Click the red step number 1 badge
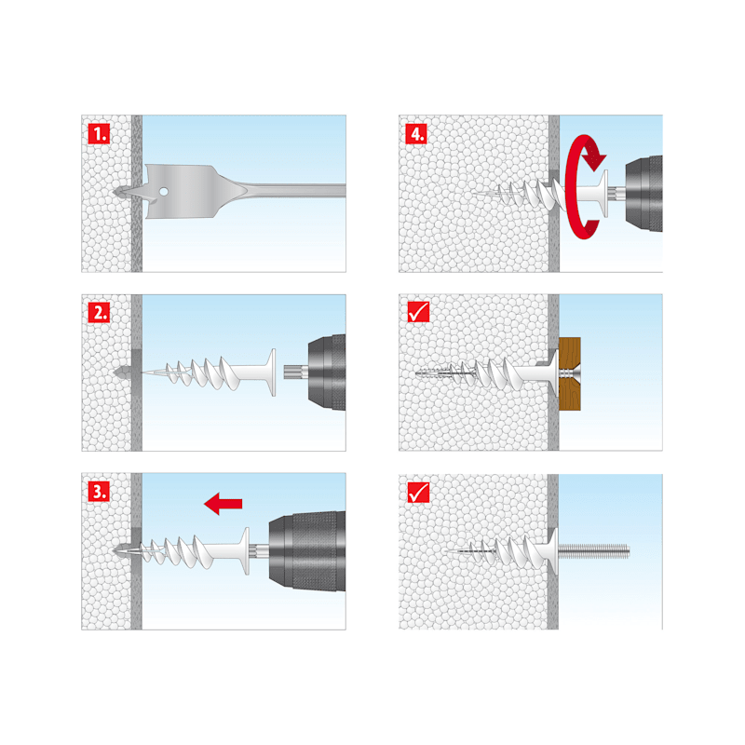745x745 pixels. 99,133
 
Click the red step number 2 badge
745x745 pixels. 99,313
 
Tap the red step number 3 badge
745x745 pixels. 99,491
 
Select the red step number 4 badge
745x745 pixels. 416,133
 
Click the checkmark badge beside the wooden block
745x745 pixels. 418,312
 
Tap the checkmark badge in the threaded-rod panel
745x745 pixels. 418,492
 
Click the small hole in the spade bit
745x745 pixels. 164,192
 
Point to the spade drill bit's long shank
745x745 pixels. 294,190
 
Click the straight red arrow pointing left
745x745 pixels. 223,504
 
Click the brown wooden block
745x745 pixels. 570,373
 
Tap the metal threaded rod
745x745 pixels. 593,551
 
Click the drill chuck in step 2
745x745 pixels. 327,372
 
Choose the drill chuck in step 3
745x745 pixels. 307,551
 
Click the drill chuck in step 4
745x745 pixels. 643,194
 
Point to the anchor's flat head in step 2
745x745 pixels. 272,372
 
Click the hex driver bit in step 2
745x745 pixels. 295,372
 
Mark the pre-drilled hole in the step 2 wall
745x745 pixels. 123,372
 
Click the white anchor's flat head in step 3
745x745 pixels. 246,551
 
